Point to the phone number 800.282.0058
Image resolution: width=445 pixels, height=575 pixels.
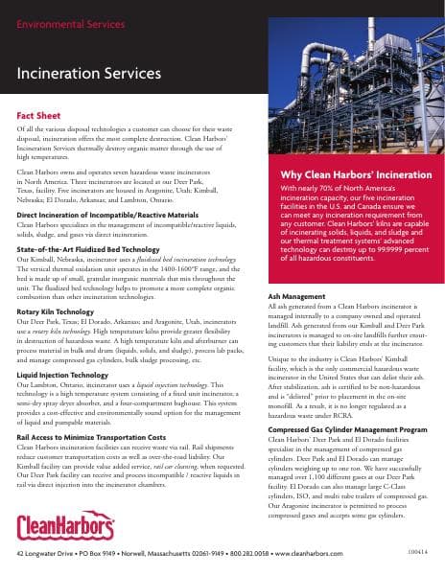point(284,555)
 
